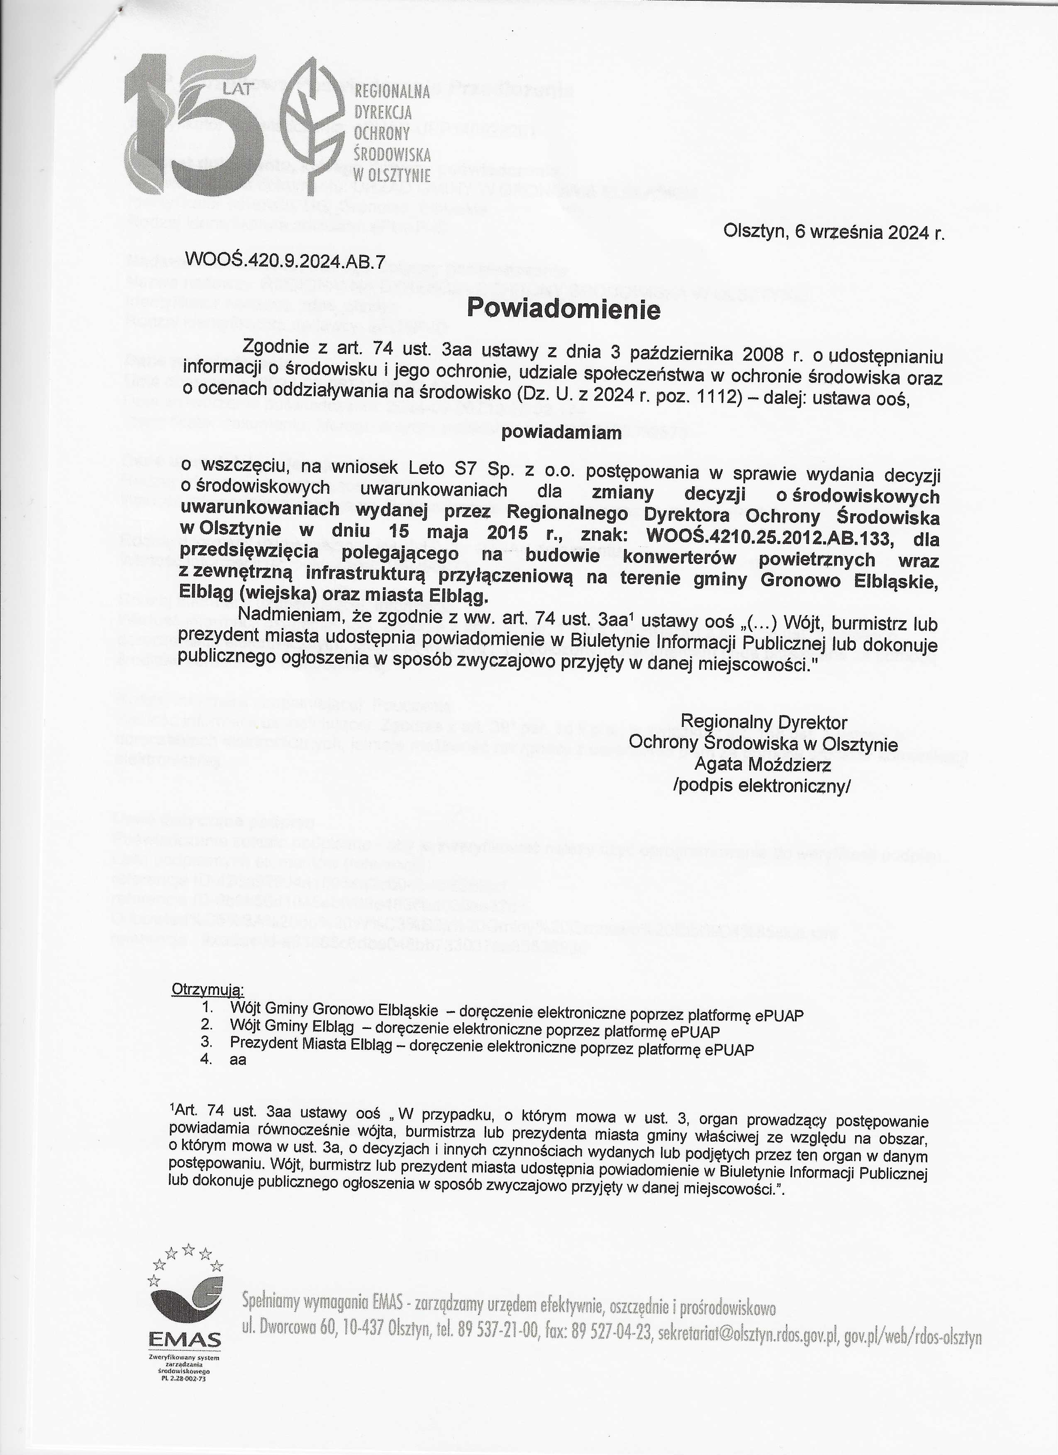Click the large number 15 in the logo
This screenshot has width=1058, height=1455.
click(x=193, y=125)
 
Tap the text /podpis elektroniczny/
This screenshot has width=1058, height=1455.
click(x=762, y=787)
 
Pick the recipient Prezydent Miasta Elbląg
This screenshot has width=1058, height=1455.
click(x=317, y=1049)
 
